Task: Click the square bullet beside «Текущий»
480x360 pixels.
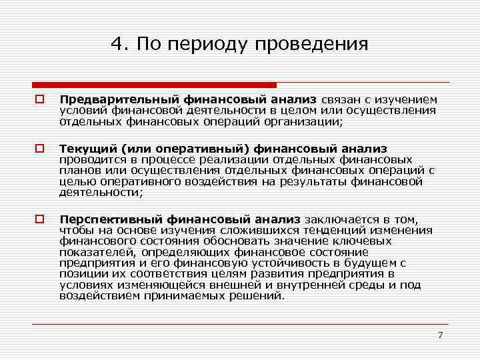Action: pyautogui.click(x=40, y=149)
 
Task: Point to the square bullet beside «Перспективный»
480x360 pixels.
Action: pyautogui.click(x=40, y=219)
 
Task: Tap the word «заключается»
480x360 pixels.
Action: pyautogui.click(x=341, y=219)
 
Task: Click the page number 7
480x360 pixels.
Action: pyautogui.click(x=440, y=335)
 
